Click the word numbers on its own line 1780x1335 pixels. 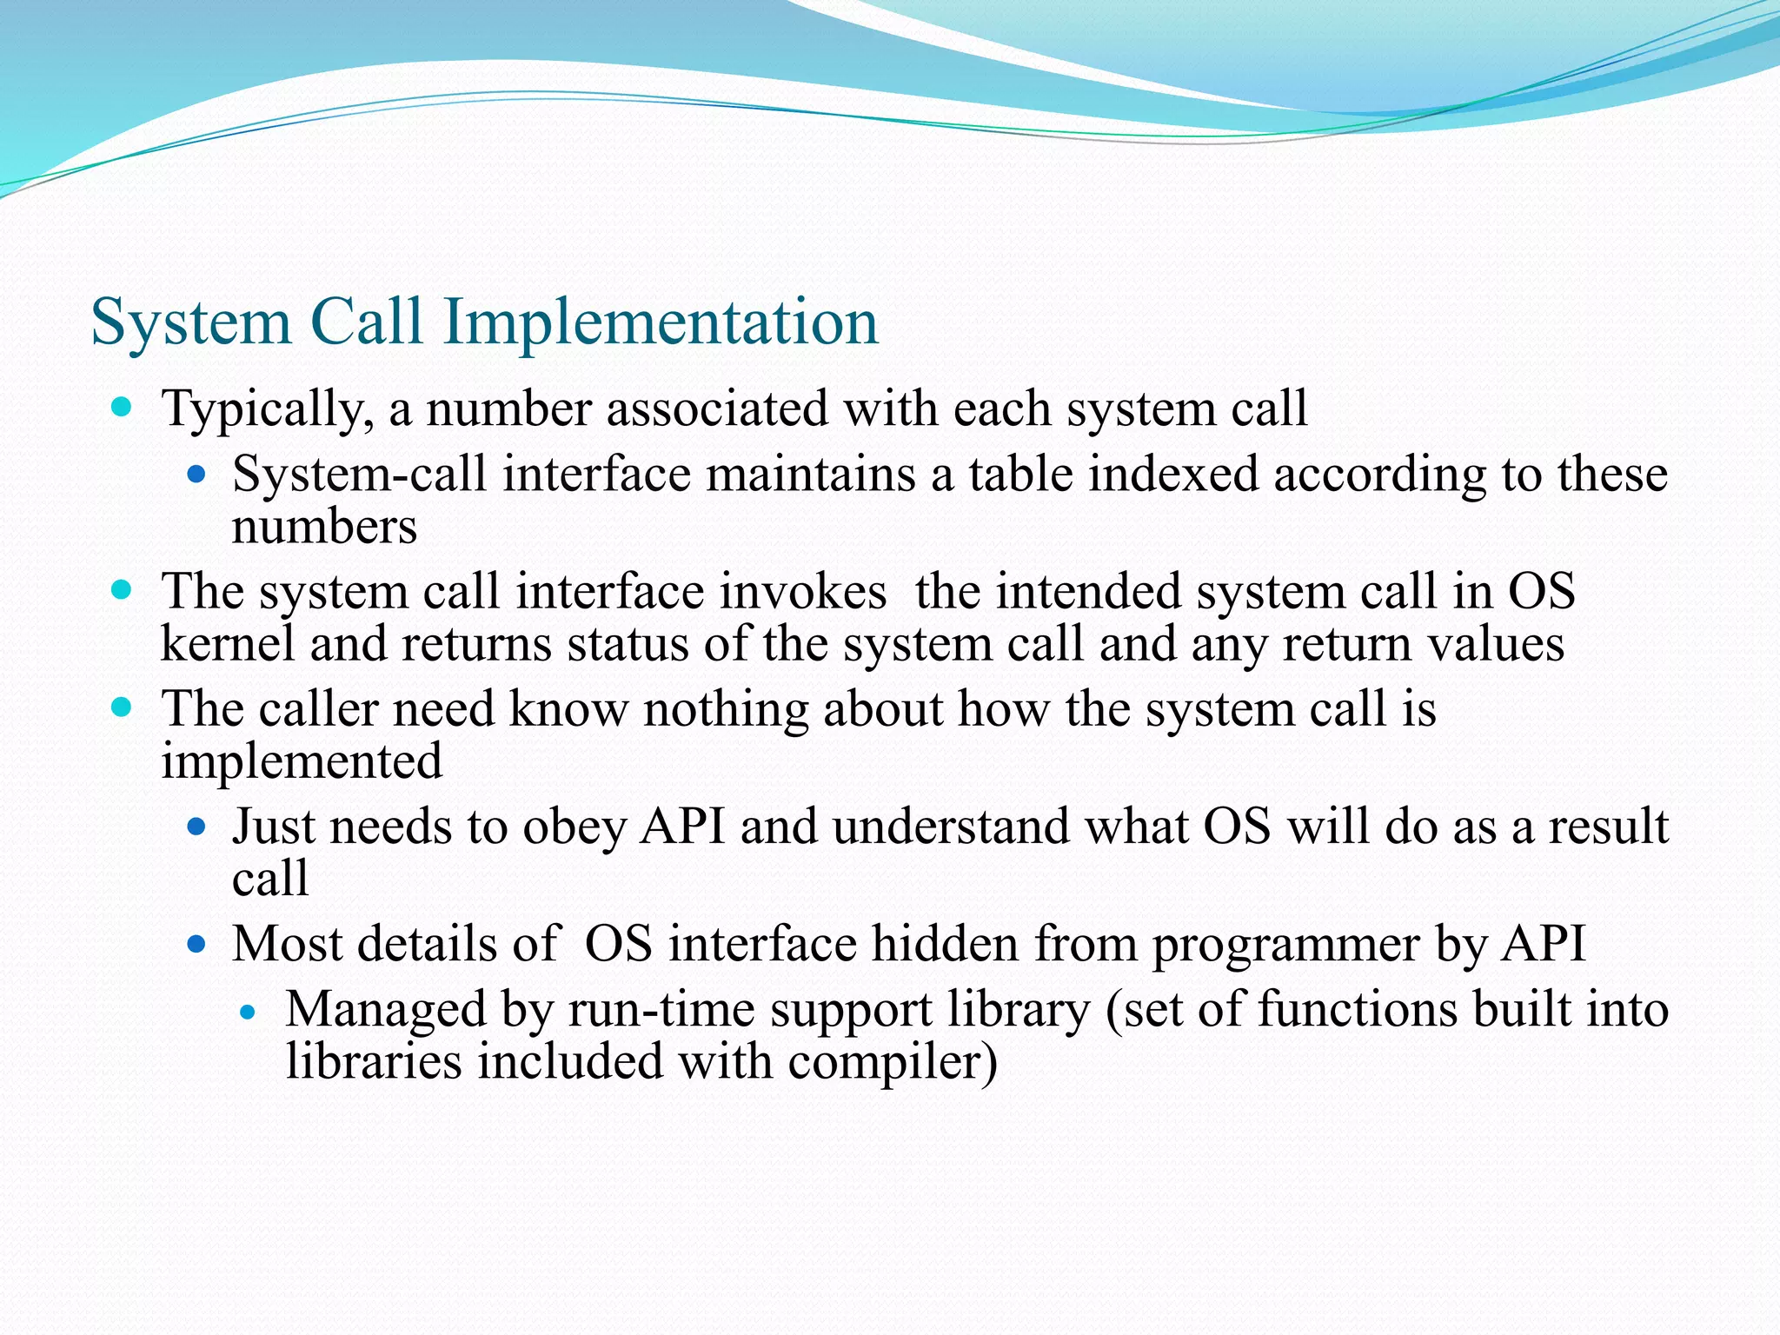(x=324, y=528)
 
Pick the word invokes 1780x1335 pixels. (x=802, y=592)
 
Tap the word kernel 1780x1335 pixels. (x=228, y=645)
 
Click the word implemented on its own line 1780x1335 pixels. (x=302, y=761)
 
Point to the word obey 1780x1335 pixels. (x=574, y=827)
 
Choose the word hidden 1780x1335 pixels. (x=945, y=945)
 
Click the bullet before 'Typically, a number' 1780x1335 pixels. (x=122, y=407)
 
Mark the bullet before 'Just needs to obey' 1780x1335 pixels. (x=196, y=826)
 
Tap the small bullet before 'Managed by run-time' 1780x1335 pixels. (x=249, y=1013)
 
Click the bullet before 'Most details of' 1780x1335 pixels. (x=196, y=944)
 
